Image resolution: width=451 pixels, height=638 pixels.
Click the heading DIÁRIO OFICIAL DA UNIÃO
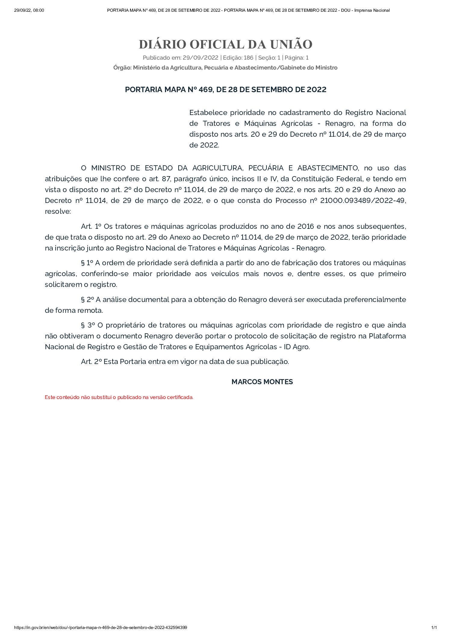[225, 45]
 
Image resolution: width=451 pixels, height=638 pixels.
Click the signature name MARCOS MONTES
[262, 382]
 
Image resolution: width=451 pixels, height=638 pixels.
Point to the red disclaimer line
[119, 397]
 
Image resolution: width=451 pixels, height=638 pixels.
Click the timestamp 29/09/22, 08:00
[29, 10]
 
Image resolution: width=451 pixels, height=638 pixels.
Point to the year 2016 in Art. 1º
[305, 226]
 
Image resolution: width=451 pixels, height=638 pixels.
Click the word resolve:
[58, 211]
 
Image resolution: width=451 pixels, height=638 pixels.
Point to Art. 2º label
[91, 362]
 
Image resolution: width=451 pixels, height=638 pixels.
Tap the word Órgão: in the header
[122, 68]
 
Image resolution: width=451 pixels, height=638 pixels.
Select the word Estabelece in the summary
[208, 113]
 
